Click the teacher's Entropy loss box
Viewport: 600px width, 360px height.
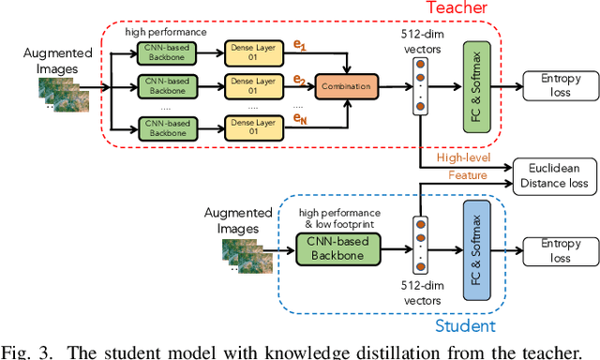(555, 85)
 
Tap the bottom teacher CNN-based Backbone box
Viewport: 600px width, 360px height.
(164, 126)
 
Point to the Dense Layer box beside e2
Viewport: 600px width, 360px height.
(252, 85)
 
